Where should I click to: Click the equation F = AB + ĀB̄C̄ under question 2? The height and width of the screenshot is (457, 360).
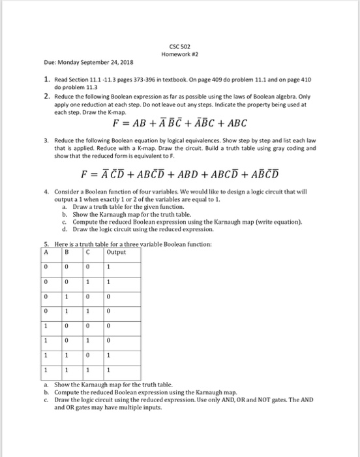coord(180,123)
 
